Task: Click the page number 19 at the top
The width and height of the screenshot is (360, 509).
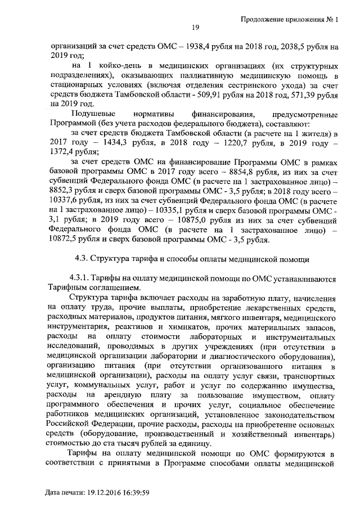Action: pyautogui.click(x=196, y=26)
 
